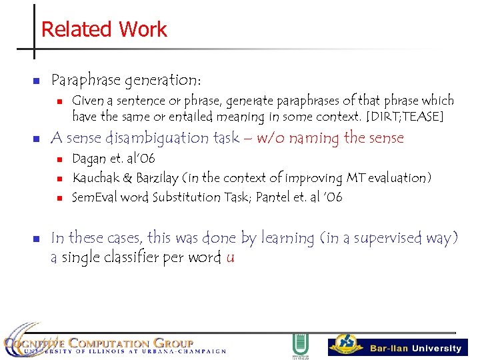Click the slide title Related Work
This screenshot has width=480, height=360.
(104, 29)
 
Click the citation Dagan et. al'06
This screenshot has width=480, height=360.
(113, 159)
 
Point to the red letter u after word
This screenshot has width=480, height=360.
(230, 257)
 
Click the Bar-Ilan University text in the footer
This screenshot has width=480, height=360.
(415, 348)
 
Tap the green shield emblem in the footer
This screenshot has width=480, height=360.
(300, 345)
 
